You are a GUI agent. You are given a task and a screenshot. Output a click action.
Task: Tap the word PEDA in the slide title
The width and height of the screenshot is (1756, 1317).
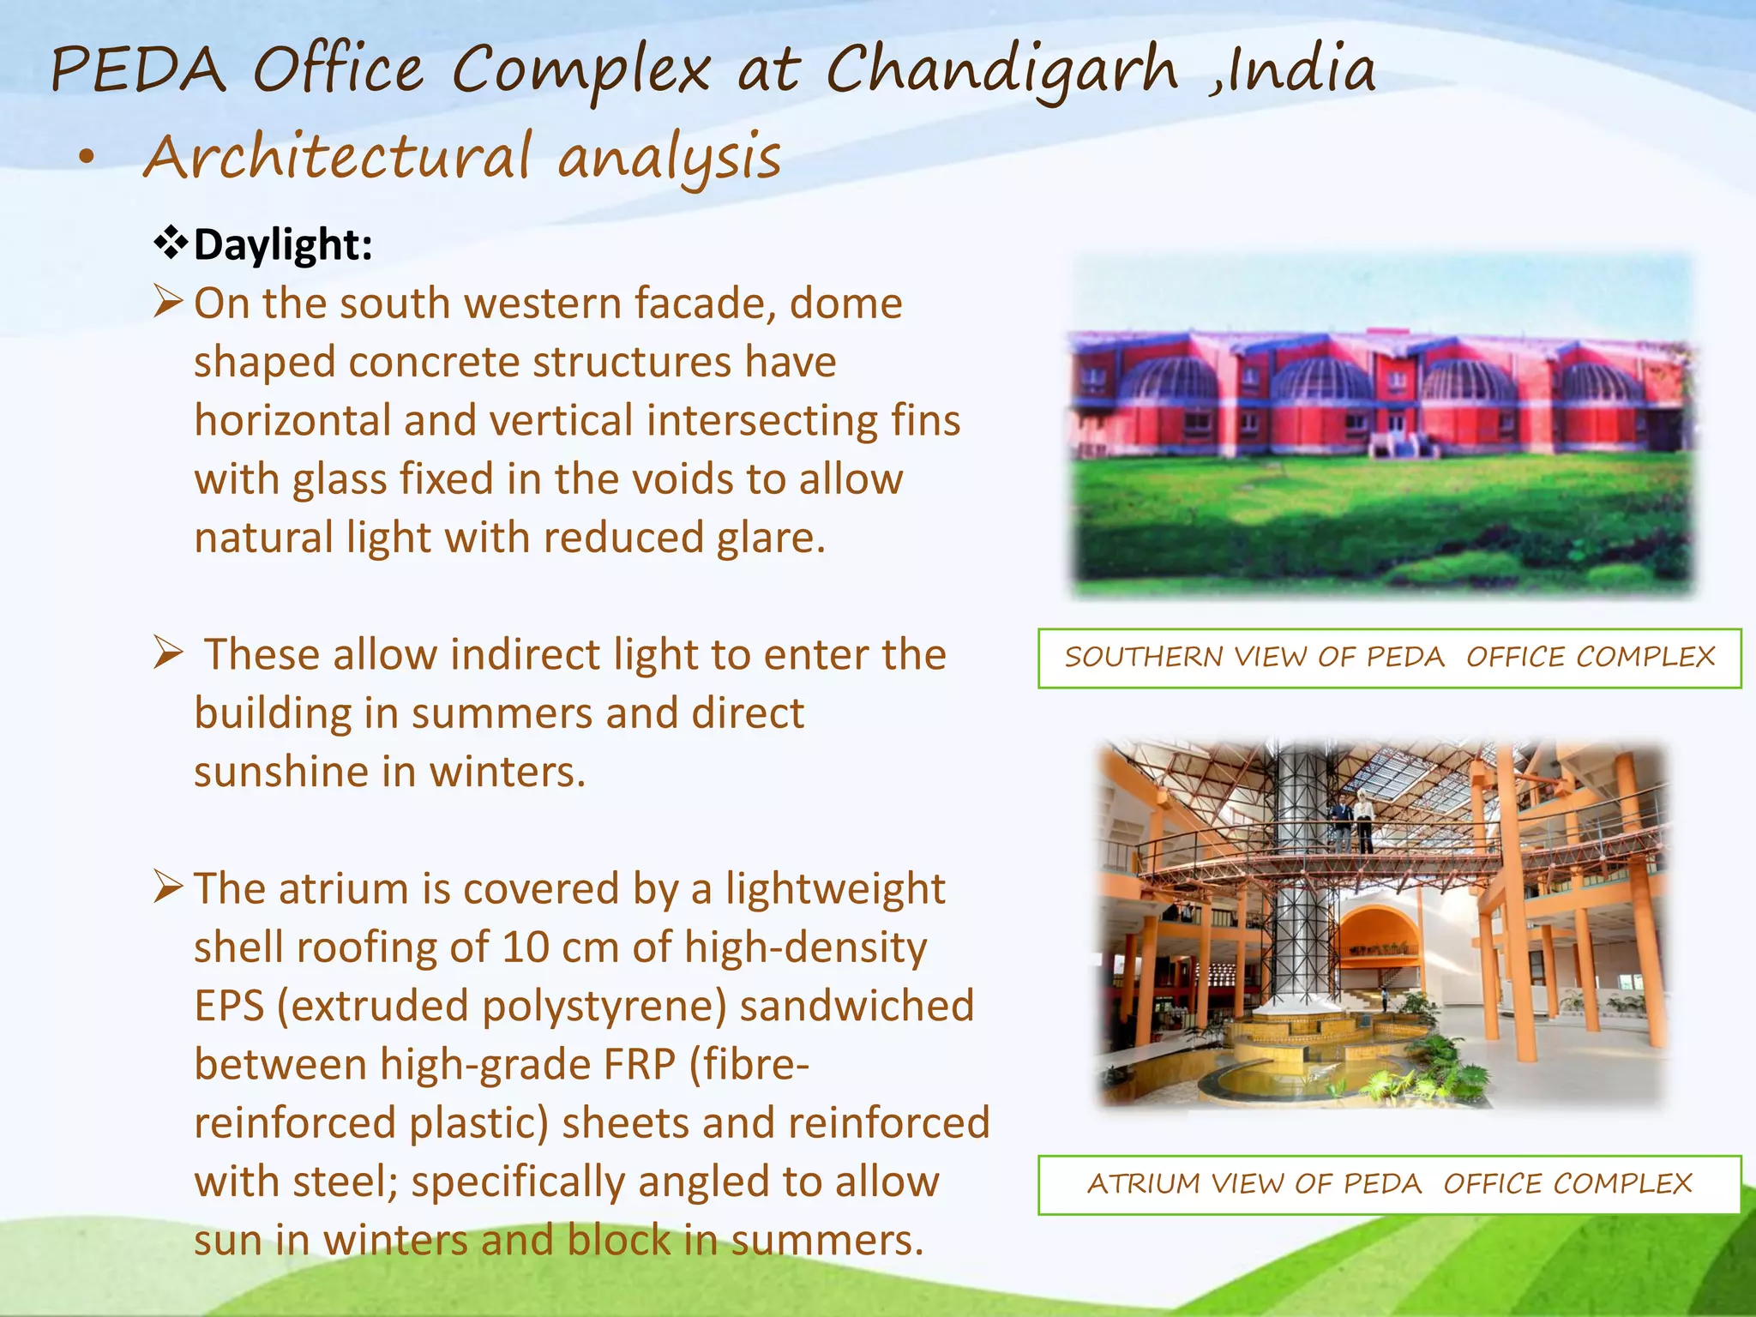click(x=138, y=70)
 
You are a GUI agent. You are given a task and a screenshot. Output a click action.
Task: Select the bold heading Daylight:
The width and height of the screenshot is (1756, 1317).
click(x=283, y=245)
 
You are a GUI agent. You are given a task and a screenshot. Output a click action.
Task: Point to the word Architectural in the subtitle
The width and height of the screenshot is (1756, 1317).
click(x=338, y=159)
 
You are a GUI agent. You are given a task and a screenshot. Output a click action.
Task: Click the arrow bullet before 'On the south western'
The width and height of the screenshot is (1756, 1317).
click(x=168, y=302)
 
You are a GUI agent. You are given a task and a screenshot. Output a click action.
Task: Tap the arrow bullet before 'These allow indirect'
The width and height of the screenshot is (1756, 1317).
click(x=168, y=653)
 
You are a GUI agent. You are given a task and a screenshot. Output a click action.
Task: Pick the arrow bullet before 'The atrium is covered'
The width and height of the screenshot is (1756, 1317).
click(x=168, y=887)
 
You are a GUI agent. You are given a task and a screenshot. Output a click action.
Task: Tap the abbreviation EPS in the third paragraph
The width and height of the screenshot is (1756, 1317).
click(x=229, y=1007)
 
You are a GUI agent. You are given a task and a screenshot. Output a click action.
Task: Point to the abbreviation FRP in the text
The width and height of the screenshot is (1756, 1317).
click(x=640, y=1065)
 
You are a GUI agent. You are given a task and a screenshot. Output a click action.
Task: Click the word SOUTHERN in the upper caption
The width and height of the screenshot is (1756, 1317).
click(x=1143, y=658)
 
